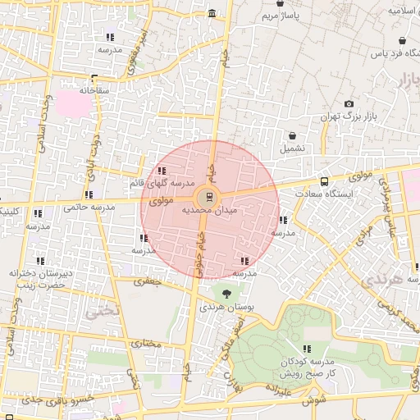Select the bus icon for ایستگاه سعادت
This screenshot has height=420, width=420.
coord(324,181)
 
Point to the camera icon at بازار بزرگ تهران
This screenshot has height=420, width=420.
coord(349,104)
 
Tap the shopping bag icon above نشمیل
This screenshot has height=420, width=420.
coord(291,135)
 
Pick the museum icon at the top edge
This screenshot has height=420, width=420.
coord(212,14)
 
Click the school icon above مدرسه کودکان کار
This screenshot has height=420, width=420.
coord(308,349)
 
